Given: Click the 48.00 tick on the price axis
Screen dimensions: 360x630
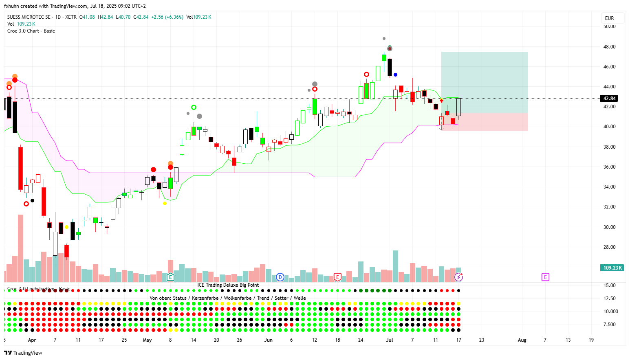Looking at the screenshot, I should [x=609, y=47].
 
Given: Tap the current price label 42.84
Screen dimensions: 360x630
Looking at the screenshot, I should [x=610, y=99].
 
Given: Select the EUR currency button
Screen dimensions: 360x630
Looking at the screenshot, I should [x=610, y=18].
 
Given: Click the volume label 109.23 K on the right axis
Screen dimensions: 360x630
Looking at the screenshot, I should [x=612, y=268].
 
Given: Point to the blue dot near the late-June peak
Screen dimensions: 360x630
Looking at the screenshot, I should [x=395, y=75].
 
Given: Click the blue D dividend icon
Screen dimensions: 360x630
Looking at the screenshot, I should [x=280, y=277].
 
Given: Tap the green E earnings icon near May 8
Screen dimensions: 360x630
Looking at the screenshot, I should [x=170, y=277].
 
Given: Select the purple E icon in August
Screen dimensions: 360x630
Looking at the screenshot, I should [x=545, y=277].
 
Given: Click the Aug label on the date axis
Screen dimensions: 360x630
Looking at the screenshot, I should [x=522, y=340].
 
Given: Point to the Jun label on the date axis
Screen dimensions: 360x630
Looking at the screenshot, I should [x=268, y=340].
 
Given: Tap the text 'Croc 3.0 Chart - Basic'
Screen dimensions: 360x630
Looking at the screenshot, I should [x=31, y=31].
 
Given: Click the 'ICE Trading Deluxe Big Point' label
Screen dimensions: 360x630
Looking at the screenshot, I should [x=228, y=285].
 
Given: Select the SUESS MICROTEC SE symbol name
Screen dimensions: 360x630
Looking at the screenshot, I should [x=29, y=17].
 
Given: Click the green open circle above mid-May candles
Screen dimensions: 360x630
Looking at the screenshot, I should [x=194, y=108].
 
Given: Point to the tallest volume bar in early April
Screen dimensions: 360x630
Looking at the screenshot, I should [x=20, y=248].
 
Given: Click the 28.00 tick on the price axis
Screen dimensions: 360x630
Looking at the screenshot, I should [x=609, y=247].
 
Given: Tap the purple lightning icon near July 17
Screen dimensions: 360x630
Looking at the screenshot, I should [x=459, y=277].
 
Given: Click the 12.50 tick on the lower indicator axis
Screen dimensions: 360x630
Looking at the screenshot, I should [x=610, y=299].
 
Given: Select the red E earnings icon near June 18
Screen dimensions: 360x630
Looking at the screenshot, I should [x=337, y=277].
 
